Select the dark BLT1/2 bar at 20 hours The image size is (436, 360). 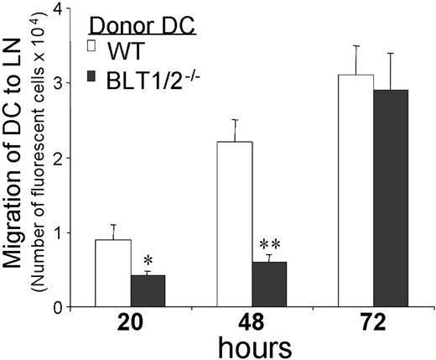click(148, 291)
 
